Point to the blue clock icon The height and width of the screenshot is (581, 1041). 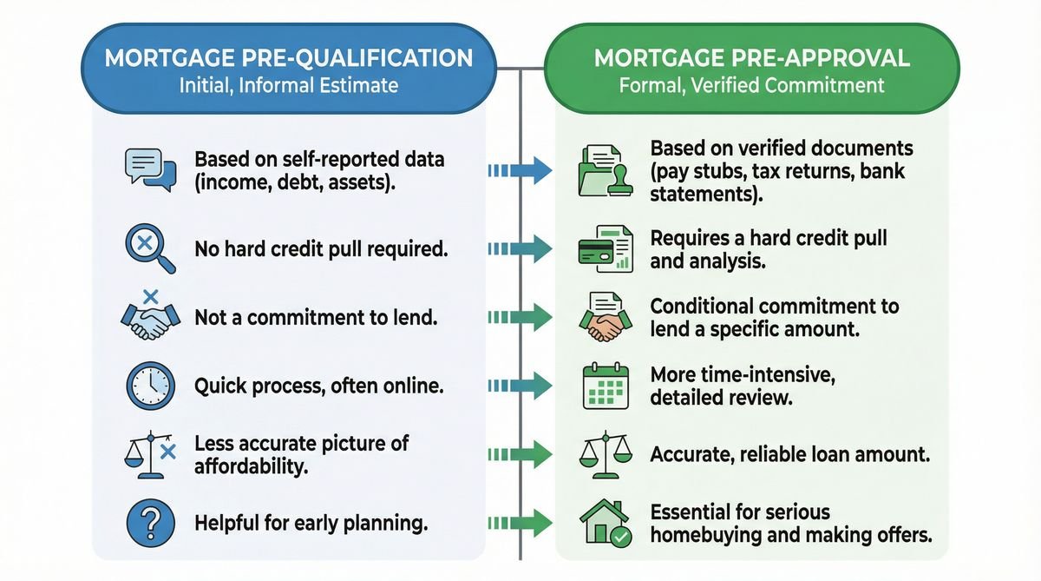pyautogui.click(x=149, y=386)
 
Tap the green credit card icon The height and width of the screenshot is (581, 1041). pyautogui.click(x=600, y=247)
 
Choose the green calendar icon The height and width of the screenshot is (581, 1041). pyautogui.click(x=602, y=385)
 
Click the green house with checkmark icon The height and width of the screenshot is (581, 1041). pyautogui.click(x=604, y=524)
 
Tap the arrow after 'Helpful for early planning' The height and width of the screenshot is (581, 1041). pyautogui.click(x=520, y=524)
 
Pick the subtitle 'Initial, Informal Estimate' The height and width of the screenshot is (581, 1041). pyautogui.click(x=289, y=86)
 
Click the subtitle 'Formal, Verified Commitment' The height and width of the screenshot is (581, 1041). pyautogui.click(x=751, y=86)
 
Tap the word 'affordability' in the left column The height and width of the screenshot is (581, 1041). pyautogui.click(x=252, y=465)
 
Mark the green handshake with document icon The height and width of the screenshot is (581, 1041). pyautogui.click(x=600, y=317)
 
